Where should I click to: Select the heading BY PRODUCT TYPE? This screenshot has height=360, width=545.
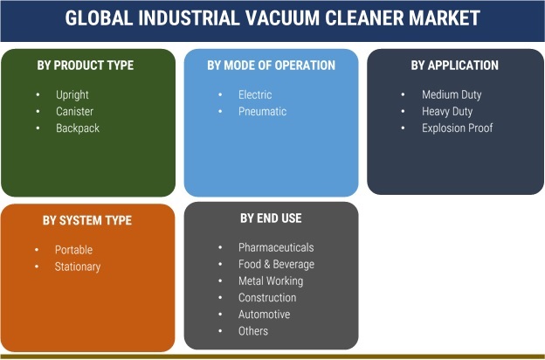(86, 66)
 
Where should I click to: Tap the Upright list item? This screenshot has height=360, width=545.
(72, 95)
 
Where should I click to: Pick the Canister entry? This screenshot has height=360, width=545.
(75, 111)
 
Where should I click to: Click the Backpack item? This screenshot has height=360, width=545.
(78, 128)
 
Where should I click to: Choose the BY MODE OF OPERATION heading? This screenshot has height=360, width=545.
(271, 66)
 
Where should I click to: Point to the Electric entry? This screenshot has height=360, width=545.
(255, 94)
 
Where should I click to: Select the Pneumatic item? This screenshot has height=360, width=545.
(262, 111)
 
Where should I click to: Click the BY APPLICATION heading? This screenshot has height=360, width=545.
(455, 66)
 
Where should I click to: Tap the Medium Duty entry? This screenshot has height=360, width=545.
(452, 95)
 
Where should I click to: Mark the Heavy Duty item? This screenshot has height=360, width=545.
(447, 112)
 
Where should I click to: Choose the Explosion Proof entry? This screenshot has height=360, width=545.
(458, 128)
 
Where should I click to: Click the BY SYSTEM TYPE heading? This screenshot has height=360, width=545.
(87, 220)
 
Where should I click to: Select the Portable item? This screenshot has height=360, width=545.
(73, 250)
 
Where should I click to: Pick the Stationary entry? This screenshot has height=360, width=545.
(78, 267)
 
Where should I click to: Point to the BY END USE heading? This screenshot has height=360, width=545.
(271, 218)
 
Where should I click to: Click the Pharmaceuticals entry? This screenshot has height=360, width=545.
(276, 247)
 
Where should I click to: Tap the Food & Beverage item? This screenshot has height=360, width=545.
(276, 265)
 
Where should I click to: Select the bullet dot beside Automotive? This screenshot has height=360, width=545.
(220, 314)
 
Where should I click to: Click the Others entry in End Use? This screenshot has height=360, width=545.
(253, 331)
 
